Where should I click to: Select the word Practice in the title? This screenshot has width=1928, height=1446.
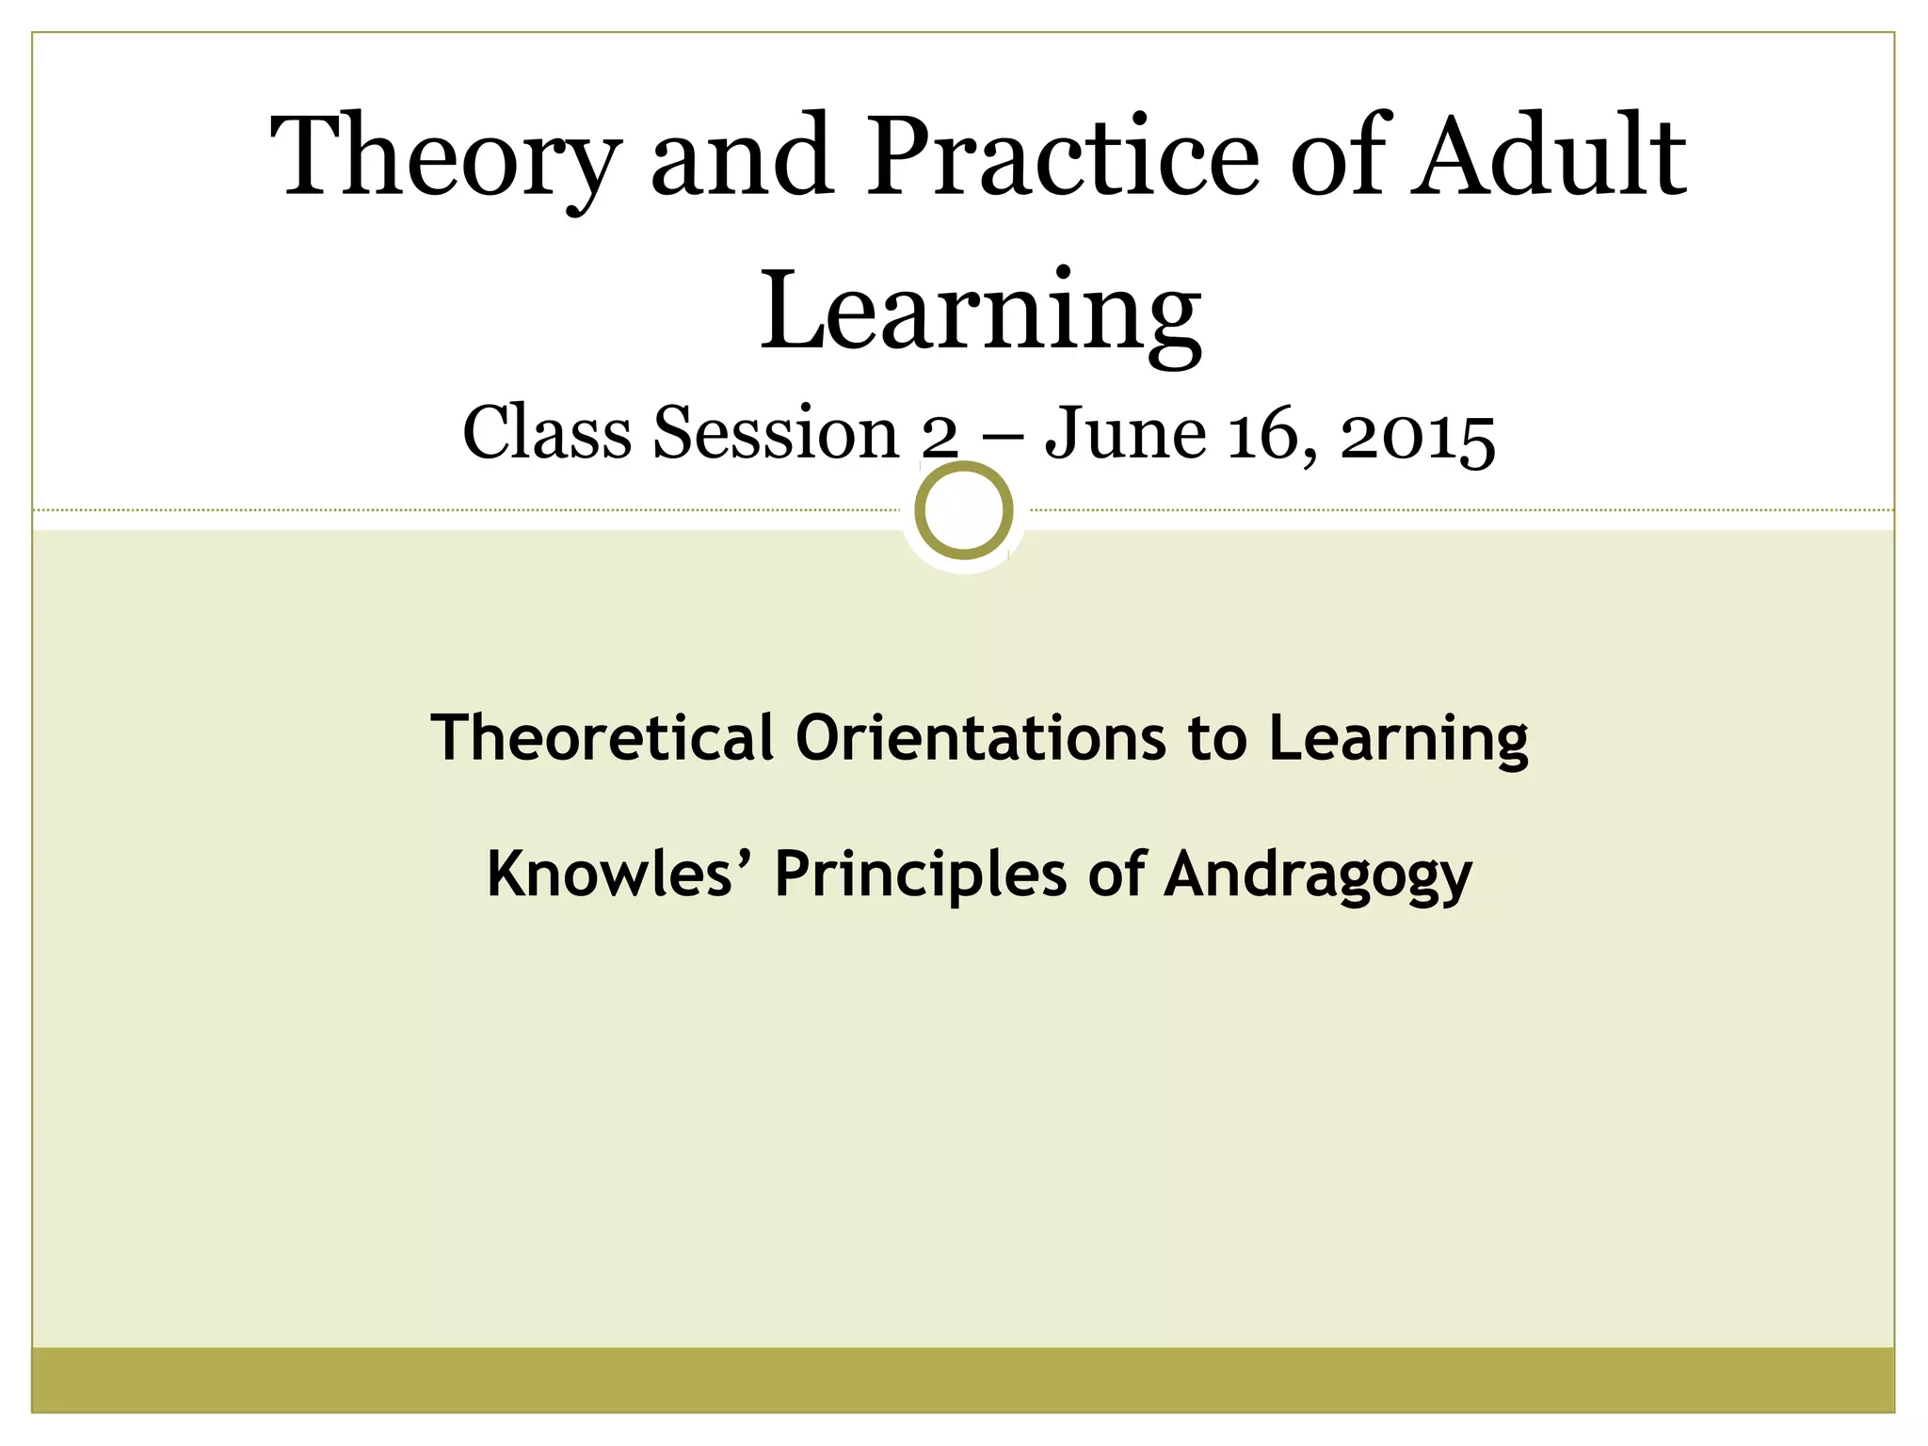1064,155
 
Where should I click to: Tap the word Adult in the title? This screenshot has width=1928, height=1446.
1549,155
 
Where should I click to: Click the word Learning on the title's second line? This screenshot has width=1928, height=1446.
980,310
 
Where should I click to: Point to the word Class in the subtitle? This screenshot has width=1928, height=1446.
547,434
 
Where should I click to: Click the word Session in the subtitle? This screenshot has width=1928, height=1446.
777,434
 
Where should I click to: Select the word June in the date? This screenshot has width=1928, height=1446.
1126,434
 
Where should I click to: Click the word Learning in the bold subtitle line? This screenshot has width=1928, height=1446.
1398,739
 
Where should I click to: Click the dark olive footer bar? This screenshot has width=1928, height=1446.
963,1378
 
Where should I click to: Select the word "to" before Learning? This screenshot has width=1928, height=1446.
1216,739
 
